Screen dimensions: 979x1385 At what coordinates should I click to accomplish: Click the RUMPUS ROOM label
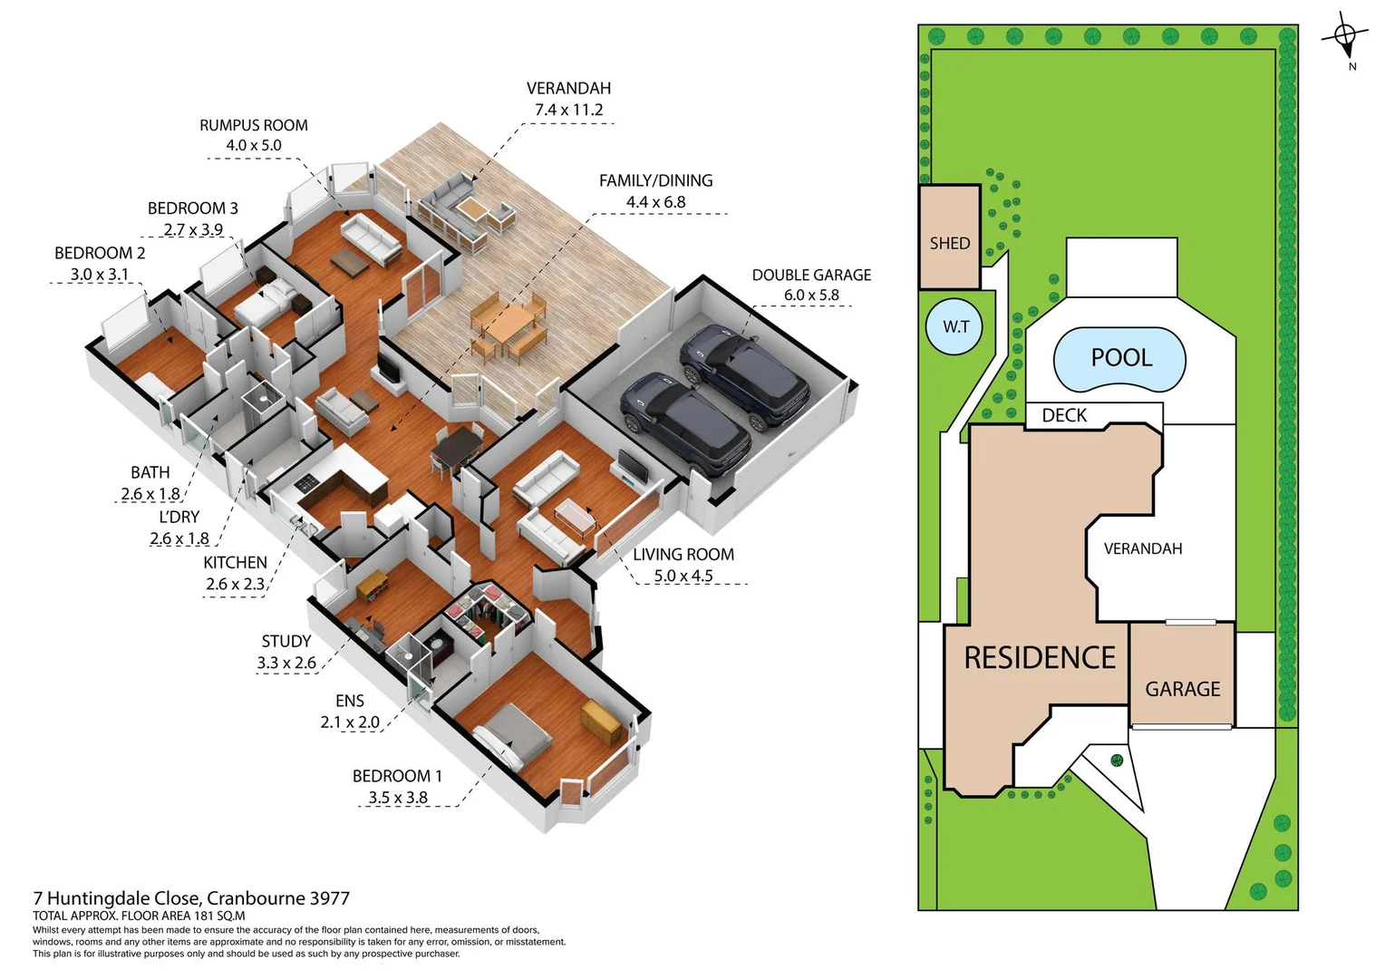(x=254, y=125)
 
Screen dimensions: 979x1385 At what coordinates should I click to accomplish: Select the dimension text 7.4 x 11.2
(x=568, y=110)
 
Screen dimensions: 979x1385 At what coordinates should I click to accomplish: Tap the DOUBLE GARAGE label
(x=811, y=275)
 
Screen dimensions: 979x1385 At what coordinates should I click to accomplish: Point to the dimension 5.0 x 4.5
(x=683, y=576)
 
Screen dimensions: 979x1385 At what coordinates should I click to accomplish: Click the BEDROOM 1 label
(x=397, y=776)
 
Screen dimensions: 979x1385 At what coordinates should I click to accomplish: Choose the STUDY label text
(x=286, y=641)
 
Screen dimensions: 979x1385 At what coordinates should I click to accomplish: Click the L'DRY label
(x=179, y=517)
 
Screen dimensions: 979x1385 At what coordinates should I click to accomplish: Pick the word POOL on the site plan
(x=1121, y=358)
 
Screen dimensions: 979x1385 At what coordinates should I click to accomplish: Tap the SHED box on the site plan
(x=949, y=237)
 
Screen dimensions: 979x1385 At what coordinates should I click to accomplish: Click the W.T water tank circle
(x=955, y=326)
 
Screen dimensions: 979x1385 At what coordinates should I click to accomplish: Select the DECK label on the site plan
(x=1064, y=415)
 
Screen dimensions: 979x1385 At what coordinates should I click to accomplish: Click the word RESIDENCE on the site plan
(x=1040, y=658)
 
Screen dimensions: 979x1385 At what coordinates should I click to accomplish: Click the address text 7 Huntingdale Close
(x=123, y=898)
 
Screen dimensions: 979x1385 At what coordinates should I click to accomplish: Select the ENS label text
(x=350, y=701)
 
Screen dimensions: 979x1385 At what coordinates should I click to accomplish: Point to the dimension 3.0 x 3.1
(x=100, y=274)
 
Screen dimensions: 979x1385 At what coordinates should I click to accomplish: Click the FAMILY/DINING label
(x=655, y=180)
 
